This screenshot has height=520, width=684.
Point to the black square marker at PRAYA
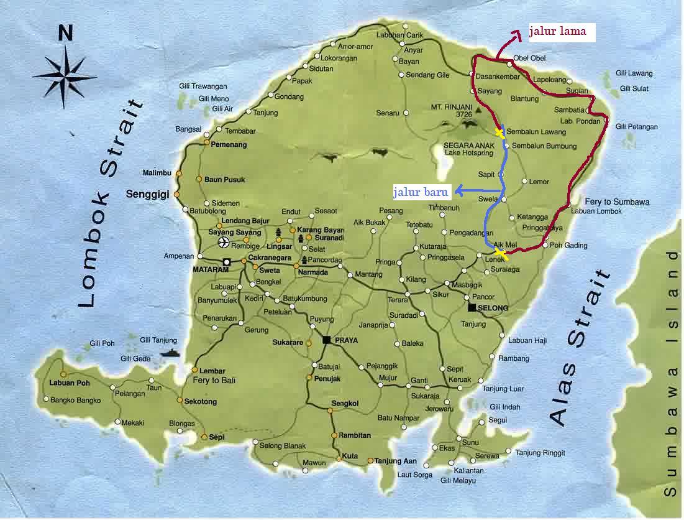pyautogui.click(x=327, y=339)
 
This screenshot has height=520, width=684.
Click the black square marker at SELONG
pyautogui.click(x=472, y=308)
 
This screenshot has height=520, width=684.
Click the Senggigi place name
pyautogui.click(x=148, y=194)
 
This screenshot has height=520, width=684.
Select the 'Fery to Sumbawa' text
pyautogui.click(x=617, y=202)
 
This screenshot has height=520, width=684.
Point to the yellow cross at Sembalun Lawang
pyautogui.click(x=499, y=132)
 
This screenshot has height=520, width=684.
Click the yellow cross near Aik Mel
pyautogui.click(x=501, y=254)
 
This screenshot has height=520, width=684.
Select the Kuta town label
pyautogui.click(x=350, y=456)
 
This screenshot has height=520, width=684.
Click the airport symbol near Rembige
pyautogui.click(x=223, y=242)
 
